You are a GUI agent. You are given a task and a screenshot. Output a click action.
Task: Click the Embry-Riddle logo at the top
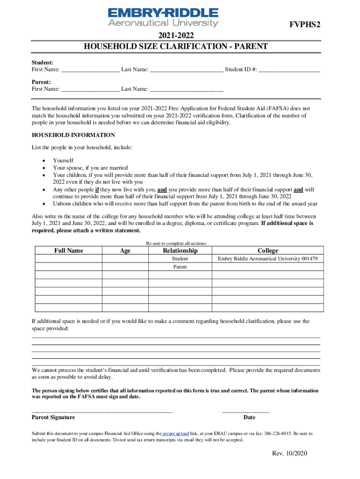[163, 17]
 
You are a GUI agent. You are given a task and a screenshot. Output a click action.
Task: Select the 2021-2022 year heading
[176, 36]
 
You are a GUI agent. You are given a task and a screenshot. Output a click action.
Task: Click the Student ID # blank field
[289, 69]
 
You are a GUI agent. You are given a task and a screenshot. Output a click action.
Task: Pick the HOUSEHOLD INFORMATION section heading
[73, 135]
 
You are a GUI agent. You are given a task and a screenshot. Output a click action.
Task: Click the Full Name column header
[69, 251]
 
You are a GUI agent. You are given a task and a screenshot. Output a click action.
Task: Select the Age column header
[125, 251]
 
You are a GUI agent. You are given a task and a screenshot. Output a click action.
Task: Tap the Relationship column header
[180, 251]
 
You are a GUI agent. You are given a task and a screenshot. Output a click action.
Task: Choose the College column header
[267, 251]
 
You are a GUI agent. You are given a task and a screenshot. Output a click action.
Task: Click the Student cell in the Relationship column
[180, 259]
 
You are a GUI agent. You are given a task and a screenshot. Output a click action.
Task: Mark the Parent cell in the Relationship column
[180, 267]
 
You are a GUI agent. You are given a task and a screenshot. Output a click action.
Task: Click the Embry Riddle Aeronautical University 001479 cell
[267, 259]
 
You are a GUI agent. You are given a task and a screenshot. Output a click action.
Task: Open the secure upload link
[175, 434]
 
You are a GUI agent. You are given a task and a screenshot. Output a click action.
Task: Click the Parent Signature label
[53, 417]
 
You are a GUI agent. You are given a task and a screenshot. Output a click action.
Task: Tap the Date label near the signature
[249, 417]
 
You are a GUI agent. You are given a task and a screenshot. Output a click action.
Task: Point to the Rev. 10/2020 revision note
[290, 454]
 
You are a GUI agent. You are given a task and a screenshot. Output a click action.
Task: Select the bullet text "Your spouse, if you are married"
[90, 167]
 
